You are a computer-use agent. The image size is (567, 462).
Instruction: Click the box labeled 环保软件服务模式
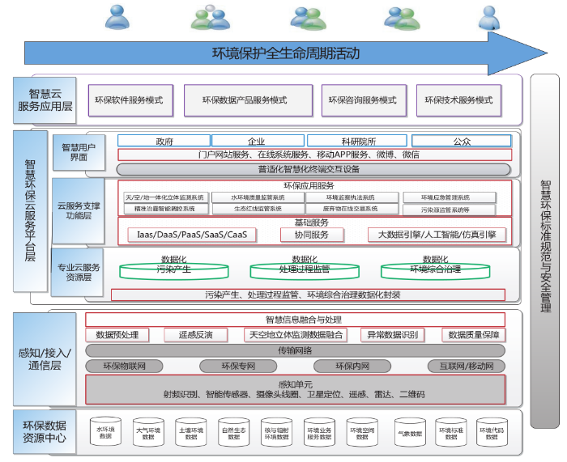pos(129,100)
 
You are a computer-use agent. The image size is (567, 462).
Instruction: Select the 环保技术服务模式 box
pos(458,100)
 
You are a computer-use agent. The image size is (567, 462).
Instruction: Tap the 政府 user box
pos(164,141)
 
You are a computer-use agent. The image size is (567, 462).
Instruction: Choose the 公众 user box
pos(462,141)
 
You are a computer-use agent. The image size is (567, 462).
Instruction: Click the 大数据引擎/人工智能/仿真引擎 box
pos(437,235)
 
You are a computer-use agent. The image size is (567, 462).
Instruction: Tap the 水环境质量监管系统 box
pos(257,197)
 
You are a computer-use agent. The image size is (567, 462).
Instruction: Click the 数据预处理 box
pos(117,335)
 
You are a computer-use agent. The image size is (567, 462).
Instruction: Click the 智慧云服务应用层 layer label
pos(46,99)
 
